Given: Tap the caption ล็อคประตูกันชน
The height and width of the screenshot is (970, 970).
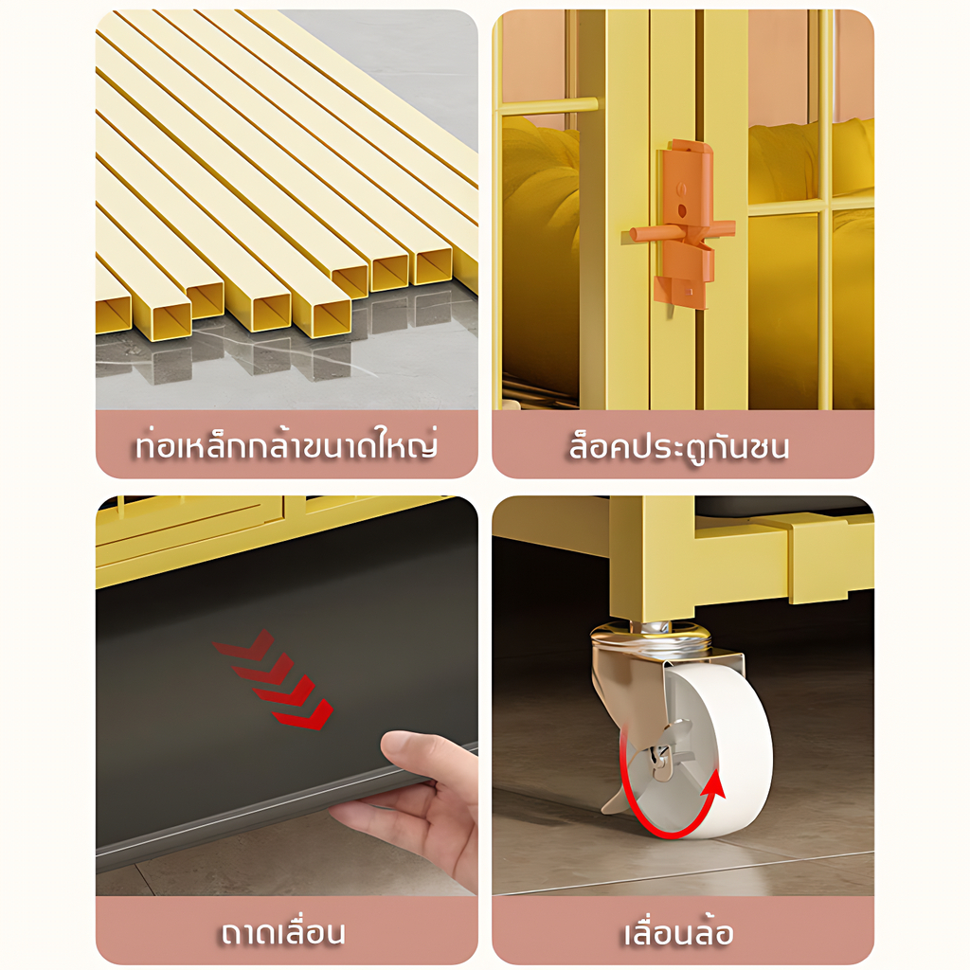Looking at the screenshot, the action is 679,445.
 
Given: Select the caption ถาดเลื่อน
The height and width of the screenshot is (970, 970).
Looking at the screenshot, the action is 283,932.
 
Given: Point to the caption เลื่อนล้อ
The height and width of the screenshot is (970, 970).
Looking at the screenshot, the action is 678,932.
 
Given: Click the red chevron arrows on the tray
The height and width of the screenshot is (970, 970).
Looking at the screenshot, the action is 274,679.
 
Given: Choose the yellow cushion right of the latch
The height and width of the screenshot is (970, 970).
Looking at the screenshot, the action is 811,162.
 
